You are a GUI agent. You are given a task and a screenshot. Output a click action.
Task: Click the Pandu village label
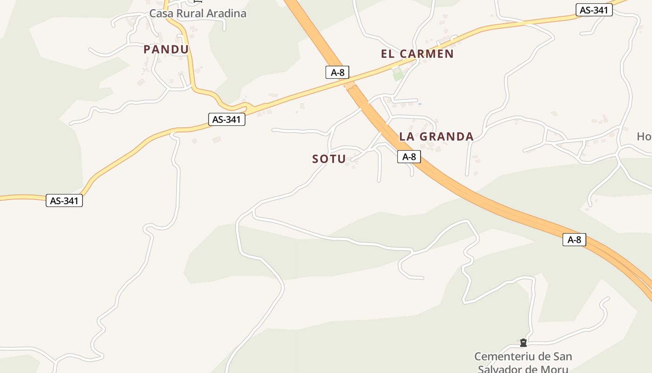(166, 49)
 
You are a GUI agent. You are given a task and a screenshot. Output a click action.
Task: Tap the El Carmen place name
(417, 54)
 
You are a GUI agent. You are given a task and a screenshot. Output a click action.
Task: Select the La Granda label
(436, 137)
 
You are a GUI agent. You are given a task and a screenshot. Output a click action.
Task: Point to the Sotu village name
(329, 159)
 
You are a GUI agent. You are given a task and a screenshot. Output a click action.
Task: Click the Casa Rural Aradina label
(197, 14)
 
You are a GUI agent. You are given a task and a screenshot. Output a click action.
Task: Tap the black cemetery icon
(523, 343)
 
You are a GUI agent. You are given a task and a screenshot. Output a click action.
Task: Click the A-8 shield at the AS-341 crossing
(337, 72)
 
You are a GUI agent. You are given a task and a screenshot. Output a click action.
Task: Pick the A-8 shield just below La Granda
(409, 157)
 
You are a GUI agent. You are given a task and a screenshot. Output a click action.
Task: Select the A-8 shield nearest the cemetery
(574, 240)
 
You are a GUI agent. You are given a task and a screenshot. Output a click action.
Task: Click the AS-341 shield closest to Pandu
(226, 119)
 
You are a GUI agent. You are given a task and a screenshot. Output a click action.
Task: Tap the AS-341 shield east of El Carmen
(594, 10)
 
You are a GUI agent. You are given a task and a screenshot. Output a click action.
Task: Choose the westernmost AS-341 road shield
(64, 201)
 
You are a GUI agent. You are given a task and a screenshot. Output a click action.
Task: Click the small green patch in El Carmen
(397, 74)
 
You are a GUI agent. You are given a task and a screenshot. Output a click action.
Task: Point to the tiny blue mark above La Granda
(420, 104)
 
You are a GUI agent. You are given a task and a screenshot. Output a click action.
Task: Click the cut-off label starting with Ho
(644, 137)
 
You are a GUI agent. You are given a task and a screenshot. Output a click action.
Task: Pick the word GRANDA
(447, 137)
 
